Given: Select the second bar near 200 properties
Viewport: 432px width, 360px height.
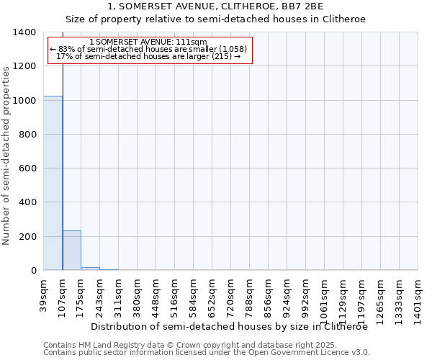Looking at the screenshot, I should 72,251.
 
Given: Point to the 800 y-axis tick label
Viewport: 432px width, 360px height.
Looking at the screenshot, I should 27,135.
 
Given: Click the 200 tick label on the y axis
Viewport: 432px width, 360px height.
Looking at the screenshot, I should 27,237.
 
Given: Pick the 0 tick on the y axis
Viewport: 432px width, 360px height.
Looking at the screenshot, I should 33,271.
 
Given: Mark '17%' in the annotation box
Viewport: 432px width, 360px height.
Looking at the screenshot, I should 63,56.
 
